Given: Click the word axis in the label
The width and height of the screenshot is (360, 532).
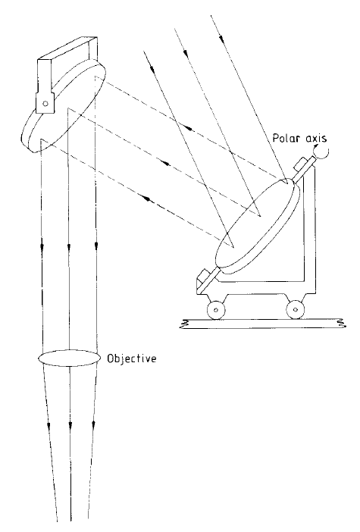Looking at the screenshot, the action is tap(315, 139).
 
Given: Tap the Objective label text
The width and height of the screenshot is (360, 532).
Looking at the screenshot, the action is tap(132, 358).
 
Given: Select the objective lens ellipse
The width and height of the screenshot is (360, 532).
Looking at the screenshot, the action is tap(69, 358).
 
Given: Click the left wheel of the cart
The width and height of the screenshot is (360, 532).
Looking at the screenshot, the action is tap(216, 310).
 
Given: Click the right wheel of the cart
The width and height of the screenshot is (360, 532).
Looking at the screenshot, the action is tap(295, 309).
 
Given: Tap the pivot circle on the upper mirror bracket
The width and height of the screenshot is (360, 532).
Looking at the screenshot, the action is tap(45, 103).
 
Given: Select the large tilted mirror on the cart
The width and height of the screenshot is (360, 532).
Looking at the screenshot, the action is tap(258, 226).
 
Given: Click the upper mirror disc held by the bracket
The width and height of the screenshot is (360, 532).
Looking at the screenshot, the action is tap(64, 106).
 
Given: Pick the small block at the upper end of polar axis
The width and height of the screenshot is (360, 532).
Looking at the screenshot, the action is tap(302, 164).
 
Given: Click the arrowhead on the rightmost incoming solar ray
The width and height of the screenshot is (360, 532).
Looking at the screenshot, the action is tap(221, 39).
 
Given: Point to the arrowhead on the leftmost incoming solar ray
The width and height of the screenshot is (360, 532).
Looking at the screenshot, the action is tap(152, 69).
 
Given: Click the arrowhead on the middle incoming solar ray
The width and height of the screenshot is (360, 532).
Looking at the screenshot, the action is tap(185, 53).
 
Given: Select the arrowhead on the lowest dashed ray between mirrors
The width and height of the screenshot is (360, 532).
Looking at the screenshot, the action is tap(148, 198).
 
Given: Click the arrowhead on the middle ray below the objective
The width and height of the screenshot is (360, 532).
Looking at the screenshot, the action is tap(70, 424).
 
